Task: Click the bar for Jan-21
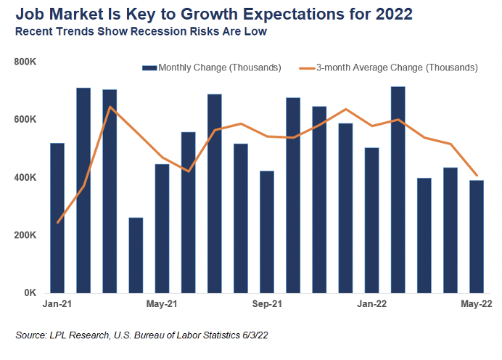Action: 57,218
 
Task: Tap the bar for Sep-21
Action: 267,232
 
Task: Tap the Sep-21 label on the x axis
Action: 268,306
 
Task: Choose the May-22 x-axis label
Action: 477,306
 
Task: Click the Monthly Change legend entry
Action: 212,67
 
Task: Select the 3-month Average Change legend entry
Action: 395,67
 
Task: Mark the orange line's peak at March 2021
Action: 110,107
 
